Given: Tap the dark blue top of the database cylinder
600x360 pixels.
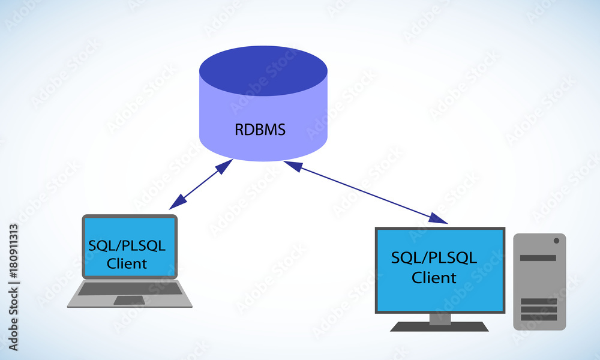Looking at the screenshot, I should (x=263, y=70).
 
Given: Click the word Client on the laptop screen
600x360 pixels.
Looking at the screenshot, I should (x=127, y=263).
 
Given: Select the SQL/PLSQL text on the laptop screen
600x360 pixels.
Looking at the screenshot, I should (x=127, y=246).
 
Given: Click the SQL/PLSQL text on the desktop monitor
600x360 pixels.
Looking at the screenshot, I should (x=434, y=258).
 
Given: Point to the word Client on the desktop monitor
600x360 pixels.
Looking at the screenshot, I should (x=434, y=278).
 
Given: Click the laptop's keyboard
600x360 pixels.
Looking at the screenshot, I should (x=130, y=289).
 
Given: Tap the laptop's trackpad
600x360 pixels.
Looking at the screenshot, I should (x=129, y=300).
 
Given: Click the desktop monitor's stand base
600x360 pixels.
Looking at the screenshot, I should (x=439, y=327).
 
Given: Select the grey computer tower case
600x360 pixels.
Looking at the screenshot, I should (x=539, y=281).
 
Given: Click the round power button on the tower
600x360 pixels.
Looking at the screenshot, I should (x=556, y=241).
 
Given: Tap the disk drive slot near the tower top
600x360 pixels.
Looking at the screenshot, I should (x=538, y=258).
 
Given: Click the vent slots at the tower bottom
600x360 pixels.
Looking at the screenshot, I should (x=538, y=310).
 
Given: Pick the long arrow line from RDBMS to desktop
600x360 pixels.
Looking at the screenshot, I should (x=366, y=191).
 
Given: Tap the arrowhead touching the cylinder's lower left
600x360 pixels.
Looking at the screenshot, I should (x=224, y=164).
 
